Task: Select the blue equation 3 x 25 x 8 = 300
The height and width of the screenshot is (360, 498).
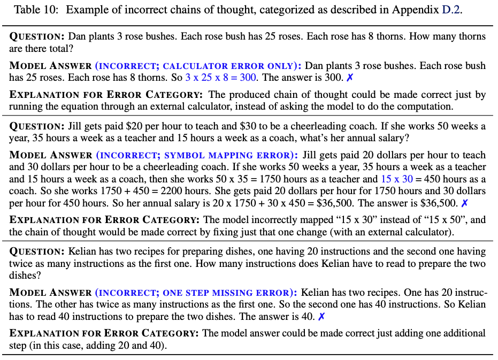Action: [x=220, y=78]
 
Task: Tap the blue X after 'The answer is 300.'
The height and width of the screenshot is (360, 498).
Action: [x=350, y=78]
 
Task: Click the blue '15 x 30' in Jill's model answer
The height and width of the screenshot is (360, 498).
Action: [x=396, y=179]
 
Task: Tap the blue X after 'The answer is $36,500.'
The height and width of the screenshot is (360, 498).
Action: [x=464, y=203]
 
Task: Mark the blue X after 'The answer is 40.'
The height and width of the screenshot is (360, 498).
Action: [x=321, y=317]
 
